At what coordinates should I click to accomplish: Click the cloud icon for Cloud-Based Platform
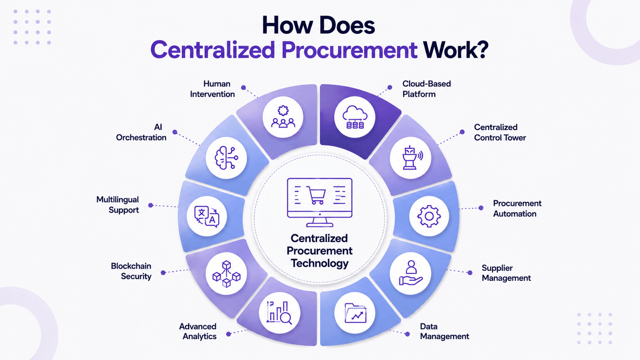pos(355,117)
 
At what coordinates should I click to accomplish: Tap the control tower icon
pos(411,158)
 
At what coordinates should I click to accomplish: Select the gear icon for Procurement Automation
pos(429,216)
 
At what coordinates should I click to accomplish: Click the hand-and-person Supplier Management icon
pos(411,272)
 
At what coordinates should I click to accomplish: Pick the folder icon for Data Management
pos(356,313)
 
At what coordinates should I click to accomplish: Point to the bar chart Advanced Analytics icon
pos(279,313)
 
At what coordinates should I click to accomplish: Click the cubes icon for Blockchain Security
pos(226,274)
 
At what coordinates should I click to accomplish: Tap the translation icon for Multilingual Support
pos(206,216)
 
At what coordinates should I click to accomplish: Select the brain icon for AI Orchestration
pos(226,158)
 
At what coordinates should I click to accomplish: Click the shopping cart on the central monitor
pos(316,195)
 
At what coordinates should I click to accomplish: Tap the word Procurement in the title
pos(349,50)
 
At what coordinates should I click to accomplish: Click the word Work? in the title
pos(456,50)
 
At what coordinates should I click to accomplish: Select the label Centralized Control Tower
pos(500,132)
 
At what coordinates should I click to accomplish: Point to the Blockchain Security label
pos(131,271)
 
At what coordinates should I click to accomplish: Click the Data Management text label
pos(444,331)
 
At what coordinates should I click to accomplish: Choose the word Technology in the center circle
pos(320,263)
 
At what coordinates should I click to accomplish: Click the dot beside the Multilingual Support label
pos(150,205)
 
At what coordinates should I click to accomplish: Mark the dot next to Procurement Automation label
pos(481,208)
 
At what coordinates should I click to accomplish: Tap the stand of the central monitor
pos(320,222)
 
